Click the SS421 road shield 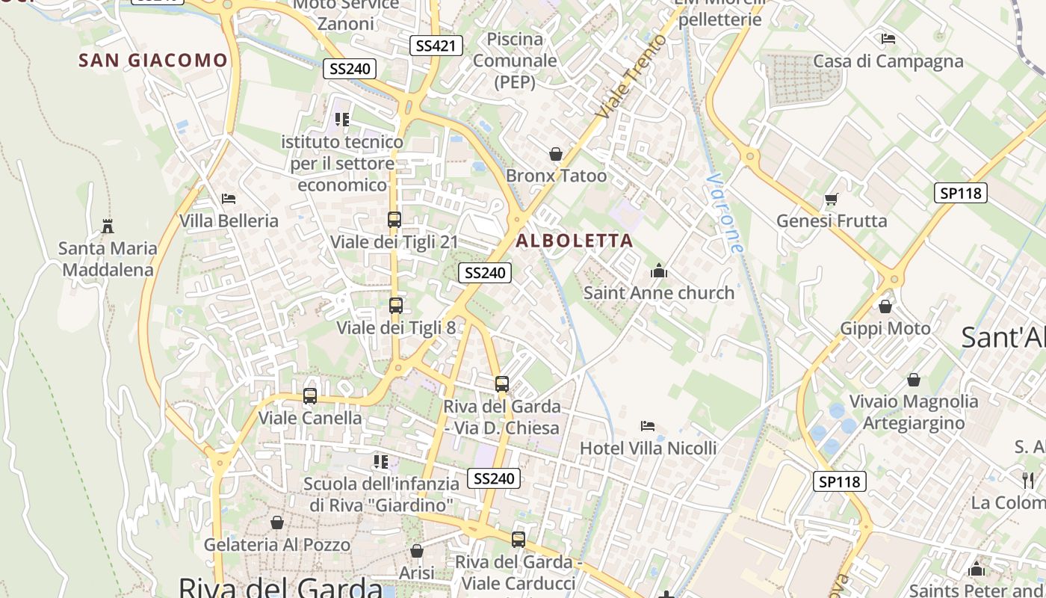click(x=436, y=46)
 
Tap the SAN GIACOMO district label click(x=153, y=61)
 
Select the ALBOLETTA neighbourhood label click(x=575, y=241)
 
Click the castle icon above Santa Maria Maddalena click(x=108, y=226)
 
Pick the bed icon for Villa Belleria click(x=229, y=199)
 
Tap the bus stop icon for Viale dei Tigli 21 click(x=394, y=220)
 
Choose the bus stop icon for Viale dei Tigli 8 click(x=396, y=306)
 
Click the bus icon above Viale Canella click(x=310, y=396)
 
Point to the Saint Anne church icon click(x=658, y=271)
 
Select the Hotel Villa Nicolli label click(x=649, y=449)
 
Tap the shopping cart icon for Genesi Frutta click(x=831, y=199)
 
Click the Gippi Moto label click(x=885, y=328)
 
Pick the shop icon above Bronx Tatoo click(x=556, y=154)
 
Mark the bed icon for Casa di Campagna click(x=888, y=39)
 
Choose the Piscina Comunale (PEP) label click(x=515, y=61)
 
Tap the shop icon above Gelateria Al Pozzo click(x=276, y=523)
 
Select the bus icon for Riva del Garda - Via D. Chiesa click(x=502, y=384)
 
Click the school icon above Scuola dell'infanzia click(x=381, y=462)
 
